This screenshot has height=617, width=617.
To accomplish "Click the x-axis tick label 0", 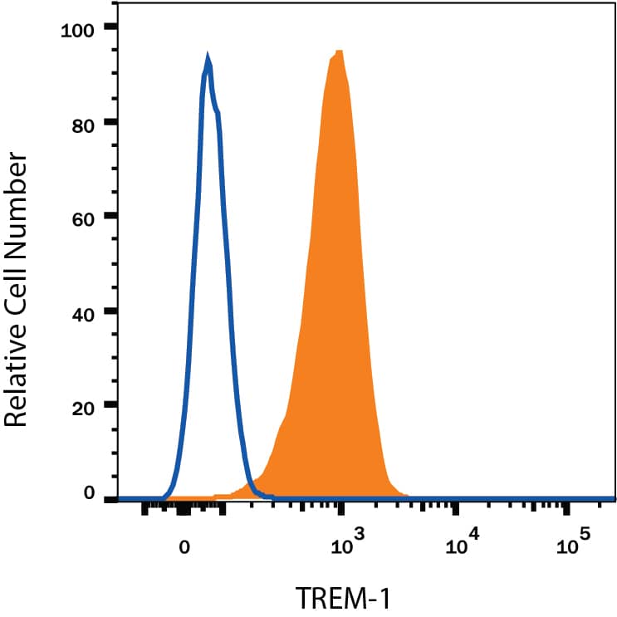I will pyautogui.click(x=185, y=547).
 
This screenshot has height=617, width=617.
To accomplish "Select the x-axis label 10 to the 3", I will pyautogui.click(x=340, y=545).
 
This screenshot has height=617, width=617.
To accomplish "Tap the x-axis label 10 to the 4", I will pyautogui.click(x=462, y=545).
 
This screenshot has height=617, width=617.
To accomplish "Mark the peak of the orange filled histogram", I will pyautogui.click(x=338, y=51).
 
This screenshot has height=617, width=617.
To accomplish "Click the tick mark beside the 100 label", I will pyautogui.click(x=110, y=27).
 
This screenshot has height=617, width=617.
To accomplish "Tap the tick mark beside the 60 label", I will pyautogui.click(x=110, y=217).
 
